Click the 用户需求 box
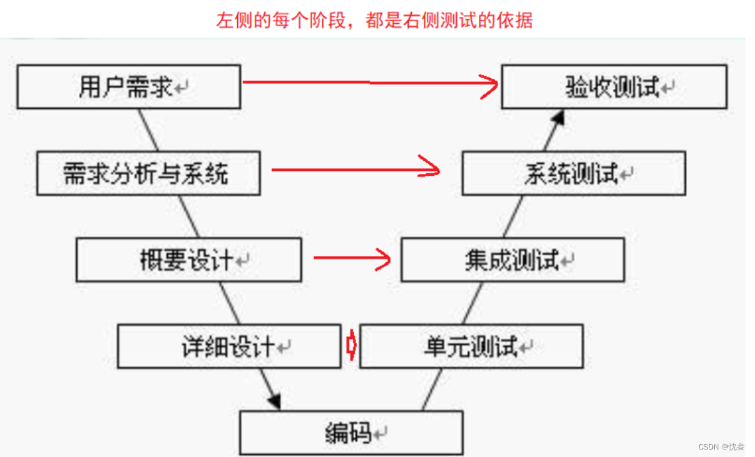pos(128,87)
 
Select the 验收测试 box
pos(614,87)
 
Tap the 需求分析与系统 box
pos(148,174)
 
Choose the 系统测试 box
pos(574,174)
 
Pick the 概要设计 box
pos(188,260)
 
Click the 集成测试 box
pos(512,260)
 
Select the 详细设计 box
pos(229,347)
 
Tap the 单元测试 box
pos(471,347)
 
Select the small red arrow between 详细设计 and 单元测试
pos(351,346)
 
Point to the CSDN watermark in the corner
pos(721,446)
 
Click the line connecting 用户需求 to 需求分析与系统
pos(149,130)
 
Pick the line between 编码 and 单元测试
pos(432,390)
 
